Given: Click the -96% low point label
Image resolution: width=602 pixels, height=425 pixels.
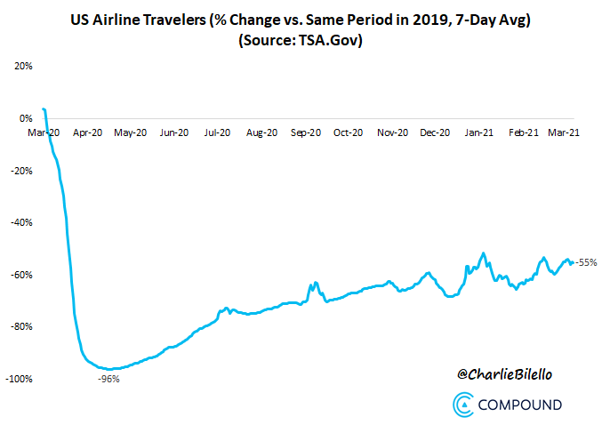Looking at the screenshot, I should (x=108, y=379).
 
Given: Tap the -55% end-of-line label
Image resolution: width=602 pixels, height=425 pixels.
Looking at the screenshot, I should (x=585, y=262).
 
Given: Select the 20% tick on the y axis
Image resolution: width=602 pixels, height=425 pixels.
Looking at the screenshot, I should (x=21, y=66).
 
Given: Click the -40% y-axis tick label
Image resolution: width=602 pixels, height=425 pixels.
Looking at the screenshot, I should (x=20, y=222).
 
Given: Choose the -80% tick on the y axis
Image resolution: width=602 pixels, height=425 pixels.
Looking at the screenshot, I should (x=20, y=326).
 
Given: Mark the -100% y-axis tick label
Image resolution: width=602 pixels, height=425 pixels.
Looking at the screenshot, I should (x=18, y=379).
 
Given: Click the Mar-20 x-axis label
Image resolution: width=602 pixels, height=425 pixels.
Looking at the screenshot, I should (x=44, y=132).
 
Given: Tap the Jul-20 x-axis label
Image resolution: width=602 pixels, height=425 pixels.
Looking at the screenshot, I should (x=218, y=132).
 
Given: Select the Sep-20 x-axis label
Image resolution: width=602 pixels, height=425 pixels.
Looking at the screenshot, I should (x=305, y=132).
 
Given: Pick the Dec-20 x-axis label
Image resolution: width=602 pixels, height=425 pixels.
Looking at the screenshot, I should (x=435, y=132).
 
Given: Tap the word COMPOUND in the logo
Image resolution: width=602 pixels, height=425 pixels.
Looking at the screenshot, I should (x=519, y=405).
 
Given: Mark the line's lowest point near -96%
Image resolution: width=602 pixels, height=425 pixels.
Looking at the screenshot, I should (x=108, y=368).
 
